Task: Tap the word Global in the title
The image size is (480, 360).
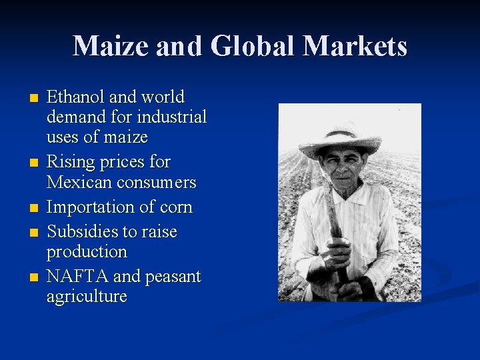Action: (x=251, y=46)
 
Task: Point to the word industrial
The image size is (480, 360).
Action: (x=171, y=117)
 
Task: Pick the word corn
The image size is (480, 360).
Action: (x=177, y=207)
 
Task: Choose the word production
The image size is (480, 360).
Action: (x=87, y=252)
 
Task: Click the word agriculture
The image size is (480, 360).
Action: (x=87, y=297)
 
